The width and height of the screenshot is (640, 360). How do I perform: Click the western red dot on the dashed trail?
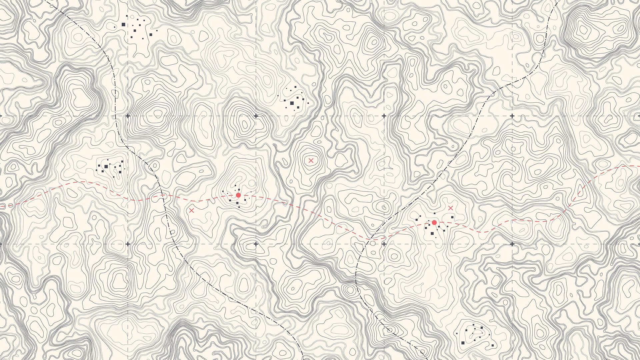point(238,195)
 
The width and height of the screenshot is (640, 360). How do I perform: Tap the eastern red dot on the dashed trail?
point(434,222)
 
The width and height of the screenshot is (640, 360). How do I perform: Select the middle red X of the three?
point(311,160)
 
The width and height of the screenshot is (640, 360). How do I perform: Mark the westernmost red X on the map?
point(191,210)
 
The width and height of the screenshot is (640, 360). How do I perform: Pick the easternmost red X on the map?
point(451,208)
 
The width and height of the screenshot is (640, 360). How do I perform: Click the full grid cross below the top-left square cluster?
point(128,116)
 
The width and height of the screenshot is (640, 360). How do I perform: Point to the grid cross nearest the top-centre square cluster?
point(256,116)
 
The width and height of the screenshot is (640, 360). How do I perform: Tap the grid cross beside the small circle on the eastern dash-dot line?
point(384,244)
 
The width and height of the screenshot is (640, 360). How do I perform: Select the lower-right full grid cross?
point(512,244)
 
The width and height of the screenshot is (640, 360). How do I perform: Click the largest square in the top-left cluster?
point(123,24)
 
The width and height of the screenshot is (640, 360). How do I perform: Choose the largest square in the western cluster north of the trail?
point(106,166)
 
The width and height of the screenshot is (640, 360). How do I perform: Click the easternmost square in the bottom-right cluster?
point(492,345)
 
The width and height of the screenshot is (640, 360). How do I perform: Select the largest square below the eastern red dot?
point(432,233)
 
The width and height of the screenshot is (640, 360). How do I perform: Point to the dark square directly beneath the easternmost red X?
point(452,217)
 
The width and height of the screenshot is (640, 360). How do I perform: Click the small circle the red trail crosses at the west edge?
point(11,205)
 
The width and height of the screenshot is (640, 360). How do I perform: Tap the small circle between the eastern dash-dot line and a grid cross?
point(373,244)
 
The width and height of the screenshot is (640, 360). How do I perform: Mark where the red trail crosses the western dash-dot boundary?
point(163,196)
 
